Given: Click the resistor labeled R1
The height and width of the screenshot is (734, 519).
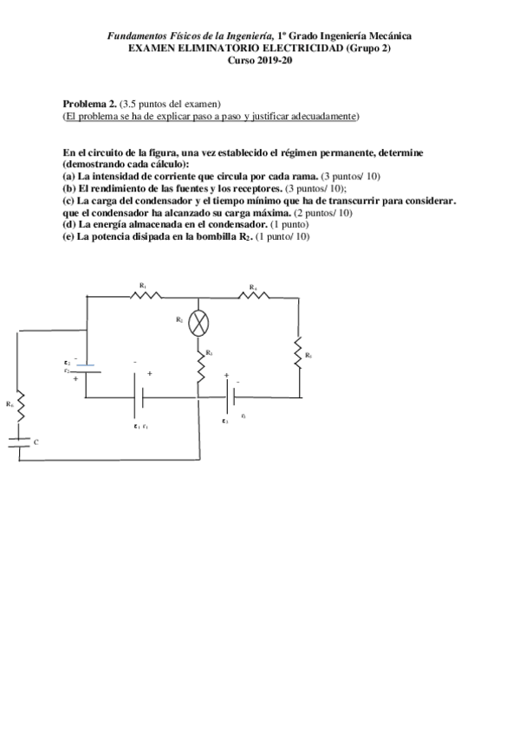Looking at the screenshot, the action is pos(145,296).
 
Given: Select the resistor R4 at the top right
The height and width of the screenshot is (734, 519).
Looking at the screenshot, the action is pos(254,296).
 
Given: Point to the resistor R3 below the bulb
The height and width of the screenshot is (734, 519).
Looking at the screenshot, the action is pos(199,368).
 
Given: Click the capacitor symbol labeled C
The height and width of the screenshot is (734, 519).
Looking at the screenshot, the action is pos(19,442).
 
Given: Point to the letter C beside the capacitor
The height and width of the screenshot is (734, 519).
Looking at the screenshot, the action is pos(36,442).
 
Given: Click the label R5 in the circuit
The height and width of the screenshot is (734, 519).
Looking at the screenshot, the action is pos(308,355).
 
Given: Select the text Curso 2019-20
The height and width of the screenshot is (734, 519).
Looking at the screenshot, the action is pos(259,61).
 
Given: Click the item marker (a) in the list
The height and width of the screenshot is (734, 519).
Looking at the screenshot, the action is pos(68,174).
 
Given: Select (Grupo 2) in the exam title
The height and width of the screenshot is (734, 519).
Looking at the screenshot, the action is pos(369,48).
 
